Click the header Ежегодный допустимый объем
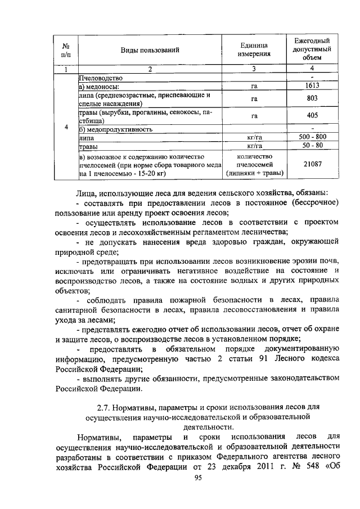[x=312, y=49]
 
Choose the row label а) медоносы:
[x=99, y=87]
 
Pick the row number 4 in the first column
[x=66, y=127]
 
